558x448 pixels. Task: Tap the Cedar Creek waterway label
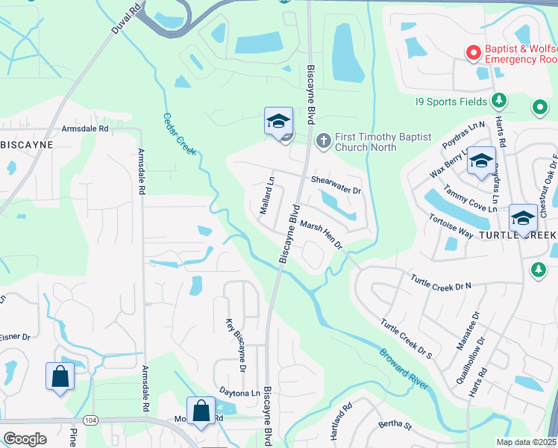(180, 134)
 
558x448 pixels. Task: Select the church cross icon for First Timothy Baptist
(324, 139)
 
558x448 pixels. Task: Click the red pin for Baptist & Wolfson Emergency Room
(472, 52)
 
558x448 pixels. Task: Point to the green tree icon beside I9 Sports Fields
(499, 101)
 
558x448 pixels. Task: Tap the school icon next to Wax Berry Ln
(481, 161)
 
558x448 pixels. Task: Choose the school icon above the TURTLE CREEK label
(523, 219)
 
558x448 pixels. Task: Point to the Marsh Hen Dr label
(321, 234)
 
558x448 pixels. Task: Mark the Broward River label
(403, 368)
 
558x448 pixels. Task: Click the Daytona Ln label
(239, 392)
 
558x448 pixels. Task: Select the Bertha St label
(395, 426)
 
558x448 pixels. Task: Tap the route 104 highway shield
(91, 420)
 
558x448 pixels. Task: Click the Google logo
(25, 438)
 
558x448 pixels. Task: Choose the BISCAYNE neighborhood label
(27, 144)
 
